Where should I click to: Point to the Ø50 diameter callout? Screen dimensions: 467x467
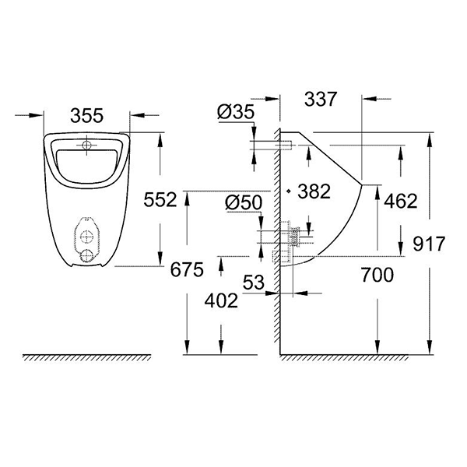coord(243,203)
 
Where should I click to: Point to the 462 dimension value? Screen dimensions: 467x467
coord(400,201)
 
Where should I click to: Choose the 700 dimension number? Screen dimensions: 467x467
coord(376,274)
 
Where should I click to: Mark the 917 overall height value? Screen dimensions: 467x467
coord(429,244)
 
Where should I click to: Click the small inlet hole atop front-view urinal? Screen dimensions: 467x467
coord(87,145)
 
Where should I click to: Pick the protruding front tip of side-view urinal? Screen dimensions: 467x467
coord(362,185)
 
